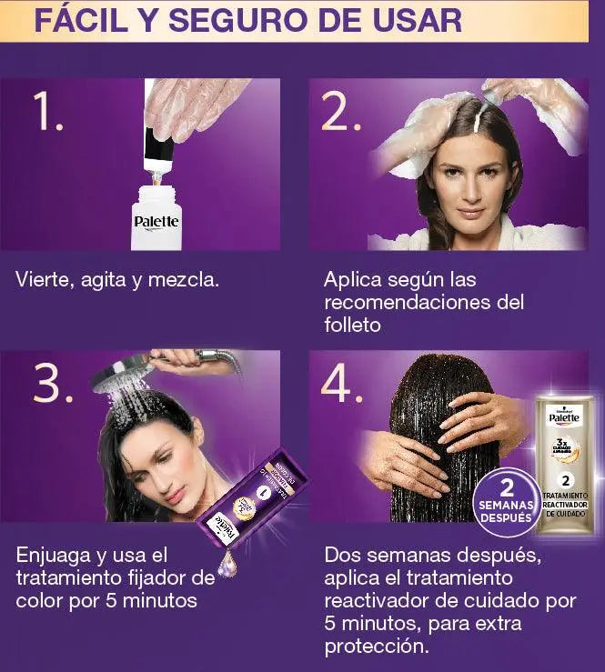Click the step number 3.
(x=52, y=384)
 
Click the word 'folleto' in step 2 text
(x=355, y=325)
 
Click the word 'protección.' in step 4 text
(x=376, y=647)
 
